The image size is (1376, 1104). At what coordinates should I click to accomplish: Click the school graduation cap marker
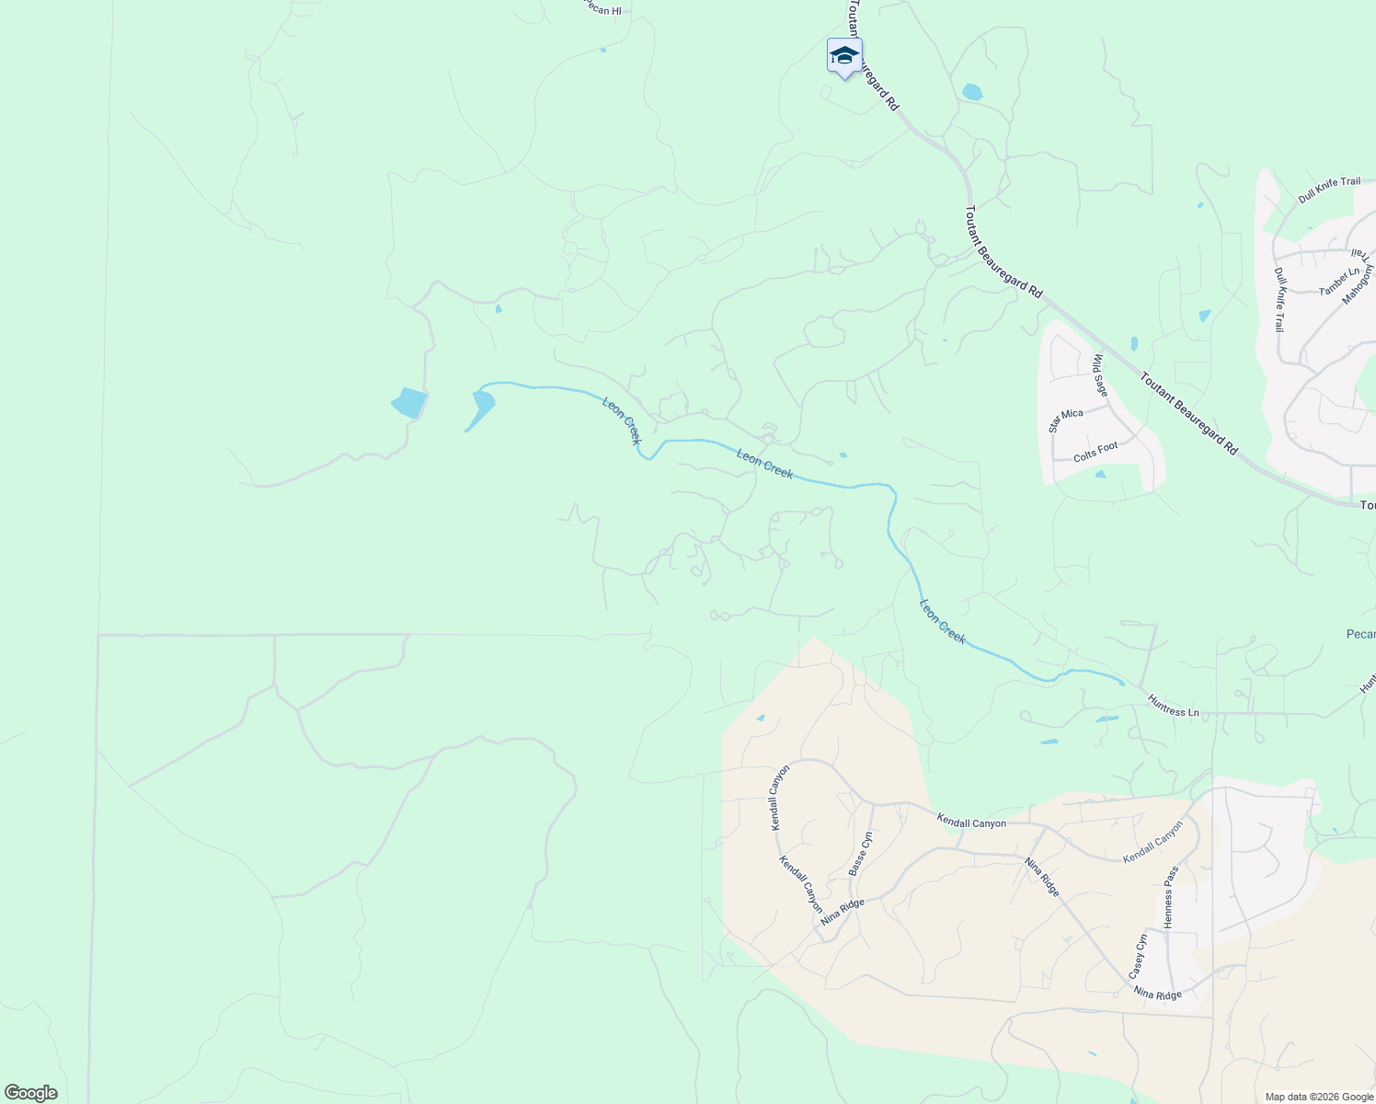[843, 56]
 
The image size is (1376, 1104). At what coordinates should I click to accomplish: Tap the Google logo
[30, 1093]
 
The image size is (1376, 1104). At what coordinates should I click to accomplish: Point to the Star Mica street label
[1066, 419]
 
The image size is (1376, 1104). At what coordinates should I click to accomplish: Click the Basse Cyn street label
[859, 854]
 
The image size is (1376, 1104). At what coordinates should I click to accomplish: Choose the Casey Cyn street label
[1138, 957]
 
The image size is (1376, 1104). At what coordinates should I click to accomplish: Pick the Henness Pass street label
[1170, 897]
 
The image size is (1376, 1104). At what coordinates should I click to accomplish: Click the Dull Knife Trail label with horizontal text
[1328, 189]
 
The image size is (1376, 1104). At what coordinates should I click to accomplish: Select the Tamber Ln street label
[1338, 281]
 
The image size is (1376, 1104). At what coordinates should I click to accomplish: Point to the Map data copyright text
[1318, 1097]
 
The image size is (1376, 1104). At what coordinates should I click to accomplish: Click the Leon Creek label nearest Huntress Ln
[943, 621]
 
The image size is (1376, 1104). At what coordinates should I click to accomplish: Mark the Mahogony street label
[1357, 285]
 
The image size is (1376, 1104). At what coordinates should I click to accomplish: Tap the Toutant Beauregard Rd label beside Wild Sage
[1188, 412]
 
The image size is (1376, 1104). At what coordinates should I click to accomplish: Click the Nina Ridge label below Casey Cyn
[1156, 994]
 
